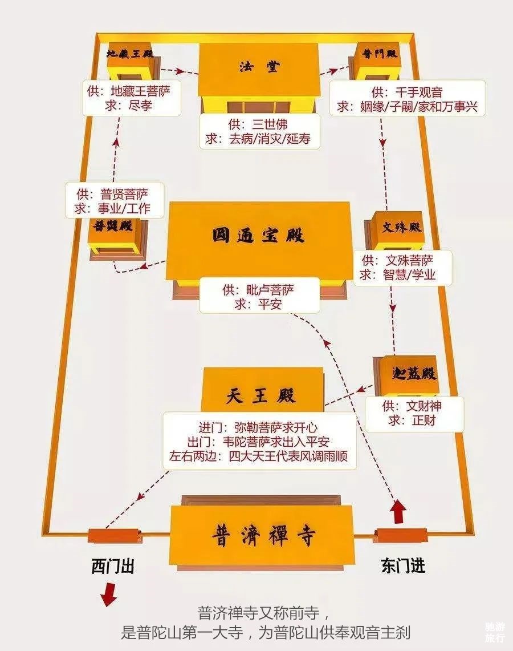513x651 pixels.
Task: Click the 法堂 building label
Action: (259, 66)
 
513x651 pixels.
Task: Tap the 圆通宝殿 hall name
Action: (258, 236)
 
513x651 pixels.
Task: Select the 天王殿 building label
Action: (261, 395)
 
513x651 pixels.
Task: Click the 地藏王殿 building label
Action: (130, 54)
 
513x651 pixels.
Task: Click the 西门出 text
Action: (113, 566)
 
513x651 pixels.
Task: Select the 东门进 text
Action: (402, 566)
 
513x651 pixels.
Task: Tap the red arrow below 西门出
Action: (109, 594)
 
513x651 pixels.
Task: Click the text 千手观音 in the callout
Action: (419, 92)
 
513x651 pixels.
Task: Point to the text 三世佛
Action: (270, 124)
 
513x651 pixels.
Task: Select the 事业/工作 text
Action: (124, 208)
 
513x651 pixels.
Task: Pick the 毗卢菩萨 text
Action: (270, 289)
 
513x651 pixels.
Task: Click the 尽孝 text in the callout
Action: (140, 105)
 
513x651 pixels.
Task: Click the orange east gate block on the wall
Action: (401, 535)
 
